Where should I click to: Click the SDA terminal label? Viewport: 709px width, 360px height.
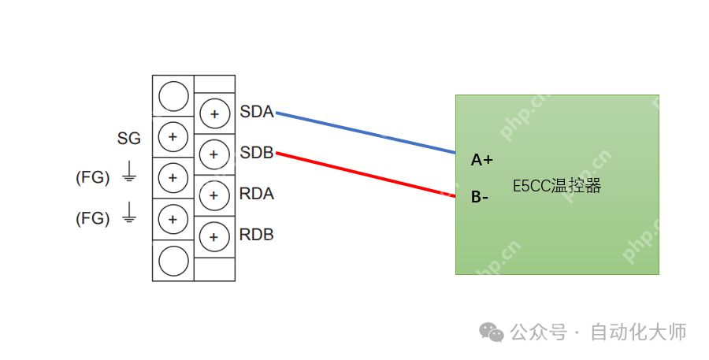[257, 113]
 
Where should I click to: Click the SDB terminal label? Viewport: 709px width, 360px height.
[257, 153]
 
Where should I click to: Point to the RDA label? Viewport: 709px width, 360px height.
[257, 194]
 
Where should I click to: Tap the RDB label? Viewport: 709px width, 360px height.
[257, 235]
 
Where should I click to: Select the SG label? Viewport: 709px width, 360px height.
[129, 139]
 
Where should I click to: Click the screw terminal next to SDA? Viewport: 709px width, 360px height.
[213, 113]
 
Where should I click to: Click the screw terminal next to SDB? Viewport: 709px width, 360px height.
[213, 154]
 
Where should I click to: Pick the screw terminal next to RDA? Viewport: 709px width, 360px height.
[213, 195]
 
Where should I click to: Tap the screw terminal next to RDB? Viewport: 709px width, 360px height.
[213, 236]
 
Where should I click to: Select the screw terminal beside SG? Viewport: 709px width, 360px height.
[173, 137]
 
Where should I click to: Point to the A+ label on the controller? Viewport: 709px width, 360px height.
[482, 160]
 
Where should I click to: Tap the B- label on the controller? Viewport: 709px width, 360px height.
[480, 197]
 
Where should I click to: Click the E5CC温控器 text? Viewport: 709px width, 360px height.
[557, 187]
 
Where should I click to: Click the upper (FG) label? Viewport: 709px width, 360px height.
[93, 177]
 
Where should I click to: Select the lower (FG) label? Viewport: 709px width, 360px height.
[93, 218]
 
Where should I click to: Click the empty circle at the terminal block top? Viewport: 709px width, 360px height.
[173, 96]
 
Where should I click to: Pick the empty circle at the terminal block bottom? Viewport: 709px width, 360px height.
[173, 261]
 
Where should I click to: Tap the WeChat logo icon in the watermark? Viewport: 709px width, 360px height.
[492, 332]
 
